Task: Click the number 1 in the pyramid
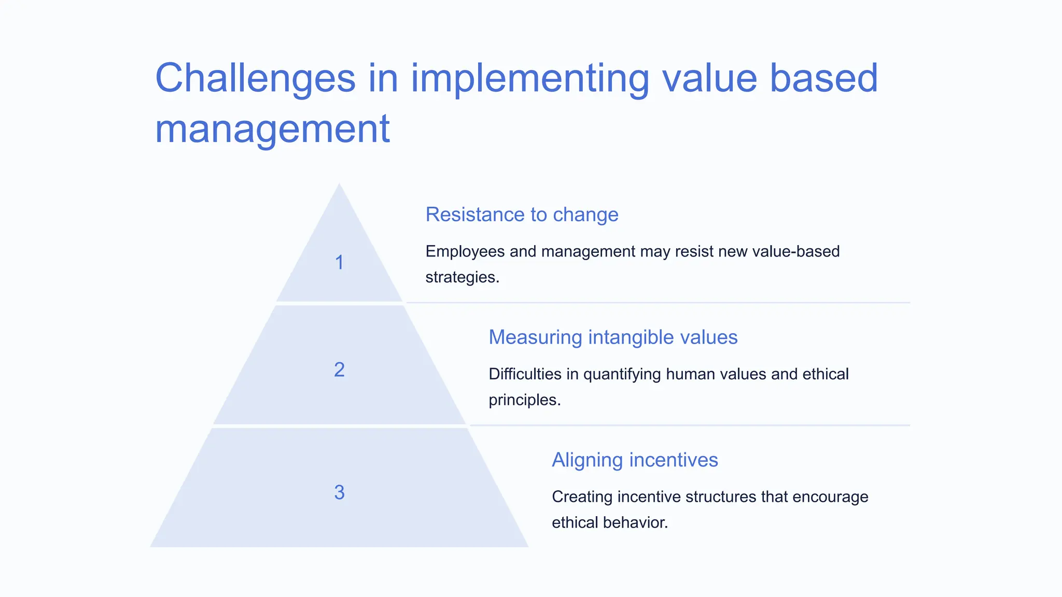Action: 339,263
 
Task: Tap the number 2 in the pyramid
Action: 339,370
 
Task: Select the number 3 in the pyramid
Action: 339,492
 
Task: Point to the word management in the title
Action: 272,129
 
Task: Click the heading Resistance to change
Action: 522,215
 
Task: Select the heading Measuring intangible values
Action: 612,337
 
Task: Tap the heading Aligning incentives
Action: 634,460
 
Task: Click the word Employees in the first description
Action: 465,252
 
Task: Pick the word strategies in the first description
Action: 462,277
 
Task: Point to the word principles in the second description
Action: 524,400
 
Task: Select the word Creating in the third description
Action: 582,497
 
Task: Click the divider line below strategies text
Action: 658,303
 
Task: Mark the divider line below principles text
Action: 690,425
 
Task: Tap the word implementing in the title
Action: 529,78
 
